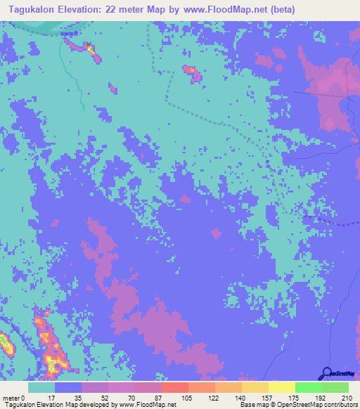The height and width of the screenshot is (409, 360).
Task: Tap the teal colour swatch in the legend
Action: click(x=41, y=387)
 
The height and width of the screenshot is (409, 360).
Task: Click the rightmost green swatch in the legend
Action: click(x=335, y=387)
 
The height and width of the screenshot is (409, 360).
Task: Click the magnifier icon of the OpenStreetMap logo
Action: click(x=326, y=373)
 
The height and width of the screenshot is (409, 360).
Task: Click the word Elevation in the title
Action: click(x=87, y=9)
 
